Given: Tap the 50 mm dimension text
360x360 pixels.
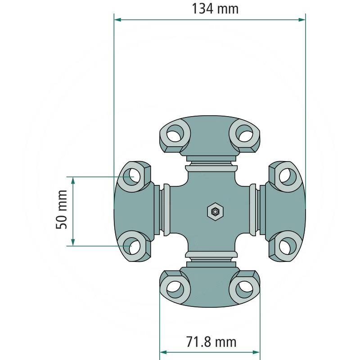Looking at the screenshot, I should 62,210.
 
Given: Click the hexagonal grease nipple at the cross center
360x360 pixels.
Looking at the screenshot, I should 215,210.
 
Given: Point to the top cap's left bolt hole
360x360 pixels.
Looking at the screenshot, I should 174,134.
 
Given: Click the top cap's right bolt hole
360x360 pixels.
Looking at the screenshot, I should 244,134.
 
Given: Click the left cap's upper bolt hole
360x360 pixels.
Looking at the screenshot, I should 133,175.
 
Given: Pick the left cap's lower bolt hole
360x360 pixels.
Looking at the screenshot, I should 133,246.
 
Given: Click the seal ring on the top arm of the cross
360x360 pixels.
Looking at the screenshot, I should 210,167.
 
